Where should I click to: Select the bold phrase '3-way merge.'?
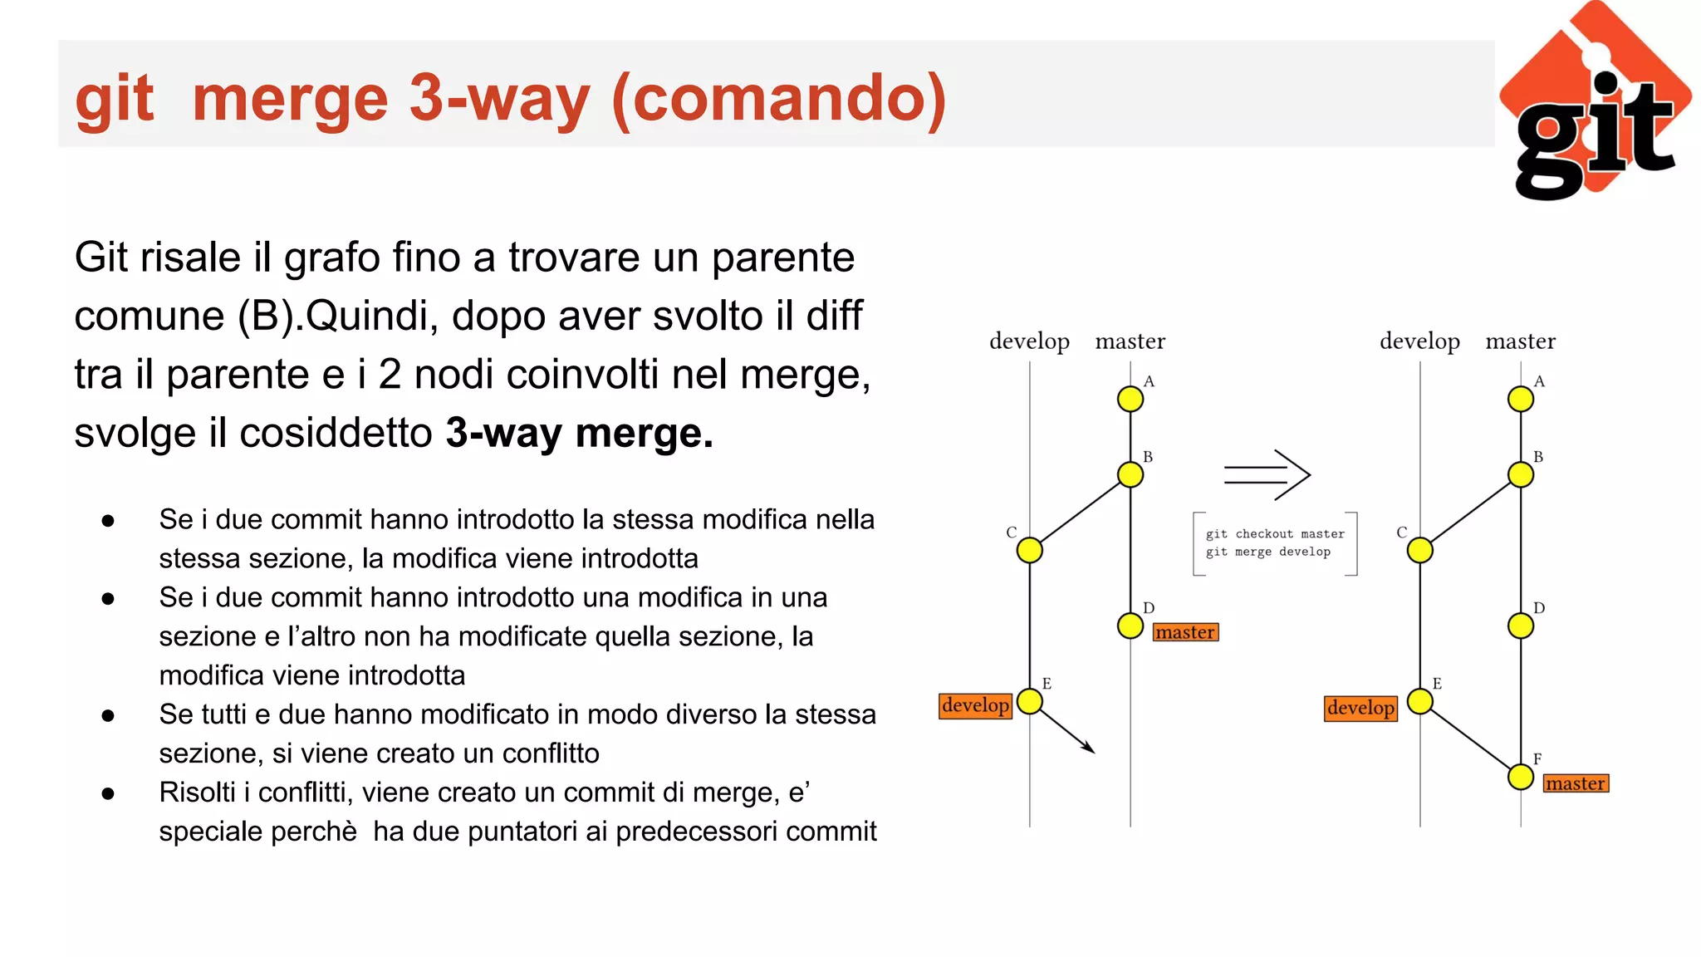(x=579, y=433)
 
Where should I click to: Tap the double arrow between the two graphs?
(x=1267, y=475)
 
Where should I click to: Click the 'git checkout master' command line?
(x=1275, y=534)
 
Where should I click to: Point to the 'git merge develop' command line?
(x=1268, y=552)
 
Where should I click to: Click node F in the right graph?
(x=1521, y=778)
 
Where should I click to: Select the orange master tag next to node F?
(x=1576, y=783)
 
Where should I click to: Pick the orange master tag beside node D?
(x=1185, y=632)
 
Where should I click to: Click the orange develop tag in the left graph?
(x=975, y=705)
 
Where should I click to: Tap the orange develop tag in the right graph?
(x=1360, y=708)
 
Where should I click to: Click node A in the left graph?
(x=1130, y=399)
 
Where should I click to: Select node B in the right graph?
(x=1521, y=474)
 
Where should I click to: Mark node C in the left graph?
(x=1030, y=550)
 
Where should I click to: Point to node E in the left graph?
(x=1030, y=701)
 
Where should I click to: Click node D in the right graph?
(x=1521, y=626)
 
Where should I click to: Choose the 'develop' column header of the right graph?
(x=1419, y=341)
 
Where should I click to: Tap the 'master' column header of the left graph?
(x=1130, y=341)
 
